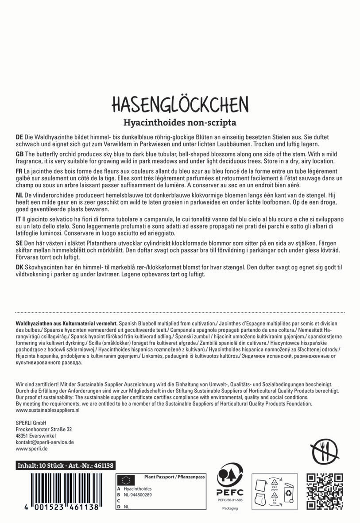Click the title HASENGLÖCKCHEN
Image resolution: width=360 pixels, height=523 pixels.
click(x=179, y=104)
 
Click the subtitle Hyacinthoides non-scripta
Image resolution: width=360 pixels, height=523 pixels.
click(x=179, y=122)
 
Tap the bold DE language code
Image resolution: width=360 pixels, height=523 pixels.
click(x=19, y=138)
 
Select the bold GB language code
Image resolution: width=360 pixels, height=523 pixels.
click(x=19, y=153)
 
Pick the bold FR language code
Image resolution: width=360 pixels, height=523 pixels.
click(x=19, y=171)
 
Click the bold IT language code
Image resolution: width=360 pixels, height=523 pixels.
click(x=18, y=220)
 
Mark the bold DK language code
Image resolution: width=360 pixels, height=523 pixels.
click(x=19, y=268)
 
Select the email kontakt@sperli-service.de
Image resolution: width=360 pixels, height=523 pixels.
click(x=45, y=442)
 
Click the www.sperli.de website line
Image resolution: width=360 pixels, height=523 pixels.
click(x=31, y=449)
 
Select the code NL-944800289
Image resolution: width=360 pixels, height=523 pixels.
click(x=138, y=495)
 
